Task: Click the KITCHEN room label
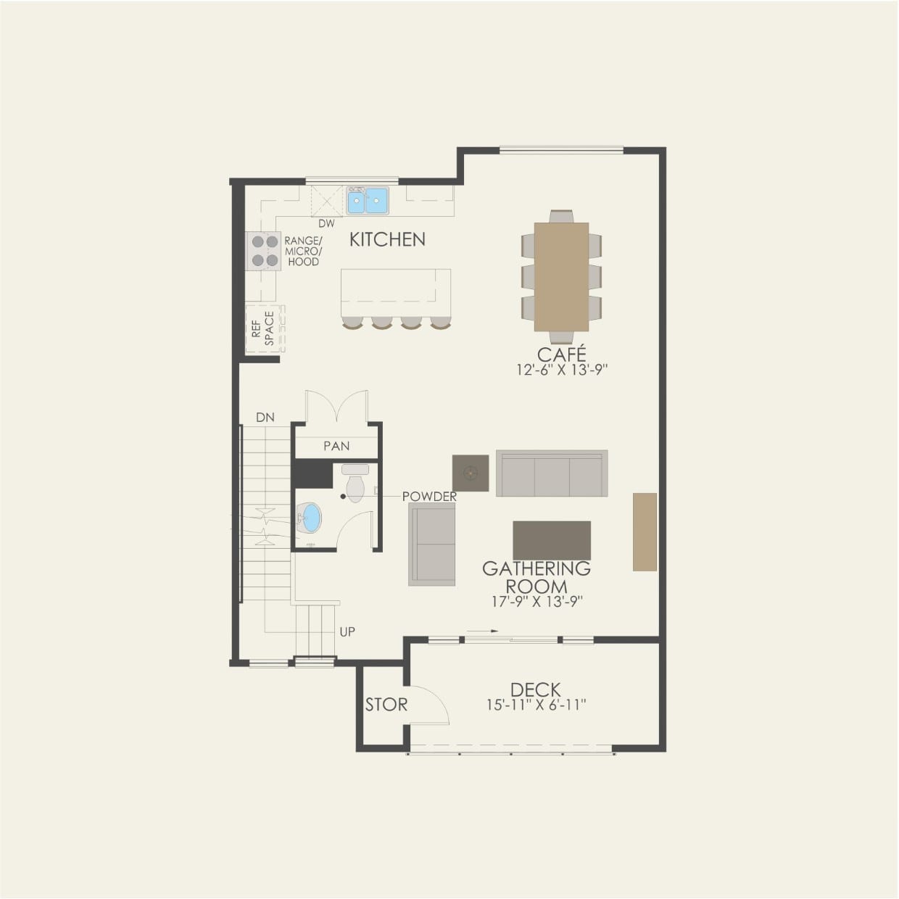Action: point(387,239)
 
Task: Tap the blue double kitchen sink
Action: point(367,200)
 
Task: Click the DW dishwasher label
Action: point(326,224)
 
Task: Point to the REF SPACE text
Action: point(262,328)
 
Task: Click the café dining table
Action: point(561,276)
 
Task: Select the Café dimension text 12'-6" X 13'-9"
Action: point(561,370)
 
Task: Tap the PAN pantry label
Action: point(336,447)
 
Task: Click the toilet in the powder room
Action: point(355,485)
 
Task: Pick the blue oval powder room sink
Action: point(310,518)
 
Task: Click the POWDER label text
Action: point(429,497)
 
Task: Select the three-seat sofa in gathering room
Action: point(552,473)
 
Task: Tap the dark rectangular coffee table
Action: point(551,540)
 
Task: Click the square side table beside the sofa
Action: point(471,473)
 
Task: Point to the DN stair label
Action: point(265,418)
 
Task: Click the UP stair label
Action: point(347,632)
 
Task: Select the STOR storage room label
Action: point(386,704)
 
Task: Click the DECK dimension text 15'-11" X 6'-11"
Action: point(536,705)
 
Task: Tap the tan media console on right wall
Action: point(645,531)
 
